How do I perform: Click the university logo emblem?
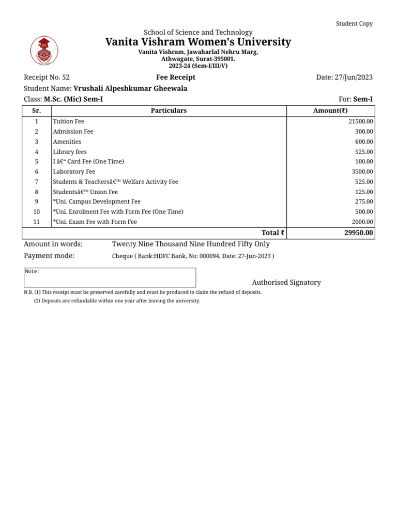point(44,51)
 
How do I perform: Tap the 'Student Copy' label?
point(354,24)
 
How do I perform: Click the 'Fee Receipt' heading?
point(176,77)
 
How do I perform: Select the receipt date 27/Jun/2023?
point(344,77)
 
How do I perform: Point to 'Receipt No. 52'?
point(47,77)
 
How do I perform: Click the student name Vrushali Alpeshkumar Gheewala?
point(130,88)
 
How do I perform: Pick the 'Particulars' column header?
point(169,111)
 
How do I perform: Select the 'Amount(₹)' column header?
point(331,111)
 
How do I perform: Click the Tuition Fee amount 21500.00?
point(361,121)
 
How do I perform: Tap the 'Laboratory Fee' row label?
point(74,172)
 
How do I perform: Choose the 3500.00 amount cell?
point(362,172)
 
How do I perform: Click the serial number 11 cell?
point(37,222)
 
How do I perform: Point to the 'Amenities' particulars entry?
point(67,142)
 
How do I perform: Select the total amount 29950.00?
point(358,233)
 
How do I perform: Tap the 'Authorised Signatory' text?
point(286,283)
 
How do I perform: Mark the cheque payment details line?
point(193,256)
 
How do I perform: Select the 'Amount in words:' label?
point(53,244)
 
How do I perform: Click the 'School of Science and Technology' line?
point(198,33)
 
